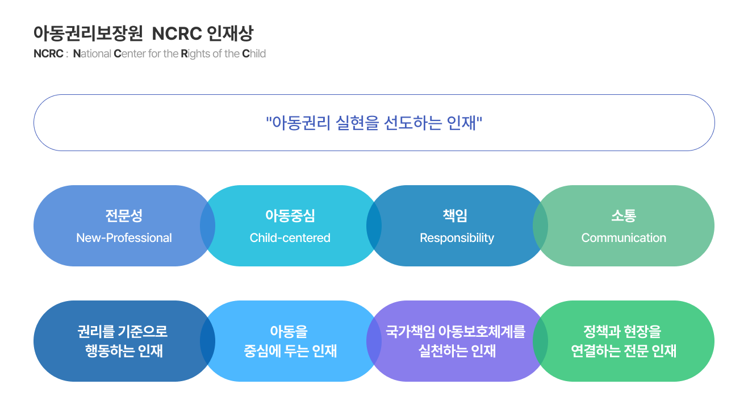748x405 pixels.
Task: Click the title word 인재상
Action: coord(230,34)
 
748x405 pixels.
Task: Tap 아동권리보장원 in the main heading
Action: coord(88,34)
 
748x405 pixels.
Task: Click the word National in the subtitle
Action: coord(92,54)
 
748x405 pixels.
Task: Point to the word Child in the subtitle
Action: coord(254,54)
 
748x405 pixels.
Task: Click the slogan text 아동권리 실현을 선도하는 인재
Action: coord(374,123)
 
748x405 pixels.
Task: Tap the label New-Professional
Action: coord(124,238)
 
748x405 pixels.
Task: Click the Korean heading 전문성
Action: coord(124,216)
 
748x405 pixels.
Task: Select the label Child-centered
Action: coord(290,238)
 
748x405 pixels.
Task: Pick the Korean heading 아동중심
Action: coord(290,216)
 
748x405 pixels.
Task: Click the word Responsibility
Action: coord(457,238)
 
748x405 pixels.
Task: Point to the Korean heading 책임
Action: coord(455,216)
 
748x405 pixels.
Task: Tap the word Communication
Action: coord(624,238)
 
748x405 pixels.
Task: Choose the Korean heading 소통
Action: coord(624,216)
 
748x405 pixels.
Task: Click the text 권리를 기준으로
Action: coord(123,332)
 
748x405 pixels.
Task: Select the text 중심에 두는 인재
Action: coord(290,351)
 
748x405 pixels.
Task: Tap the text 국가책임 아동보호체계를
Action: coord(456,332)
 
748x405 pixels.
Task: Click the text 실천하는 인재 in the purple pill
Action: coord(457,351)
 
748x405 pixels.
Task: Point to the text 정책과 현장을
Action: coord(622,332)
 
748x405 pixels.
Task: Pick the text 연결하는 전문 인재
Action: coord(624,351)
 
